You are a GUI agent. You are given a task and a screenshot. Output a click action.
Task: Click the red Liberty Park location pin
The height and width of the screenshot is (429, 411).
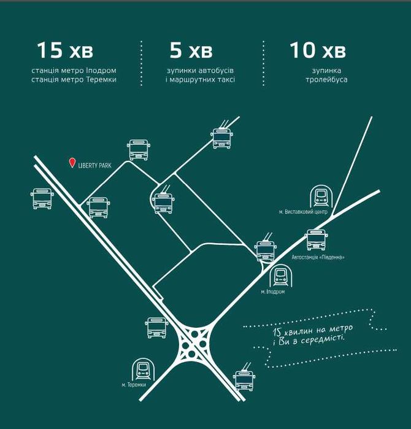[72, 163]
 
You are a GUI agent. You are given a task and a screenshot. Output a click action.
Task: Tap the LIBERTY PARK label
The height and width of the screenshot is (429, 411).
[94, 166]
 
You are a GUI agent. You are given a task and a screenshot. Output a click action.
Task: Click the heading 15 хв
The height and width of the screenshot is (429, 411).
[65, 50]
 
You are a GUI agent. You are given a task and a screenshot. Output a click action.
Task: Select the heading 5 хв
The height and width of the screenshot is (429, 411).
[191, 50]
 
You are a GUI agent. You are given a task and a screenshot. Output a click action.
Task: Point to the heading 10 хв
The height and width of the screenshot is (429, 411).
[318, 50]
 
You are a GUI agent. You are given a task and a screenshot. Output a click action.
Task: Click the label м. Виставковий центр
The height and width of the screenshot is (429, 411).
[303, 212]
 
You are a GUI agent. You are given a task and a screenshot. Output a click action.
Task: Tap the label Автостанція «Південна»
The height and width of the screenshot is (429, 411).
[318, 257]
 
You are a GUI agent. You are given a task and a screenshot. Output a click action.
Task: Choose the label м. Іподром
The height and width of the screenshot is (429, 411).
[272, 292]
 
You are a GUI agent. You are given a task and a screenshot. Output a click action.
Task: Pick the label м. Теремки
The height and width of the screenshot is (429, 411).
[134, 385]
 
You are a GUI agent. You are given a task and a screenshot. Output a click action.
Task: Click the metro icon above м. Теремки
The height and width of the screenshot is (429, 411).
[144, 369]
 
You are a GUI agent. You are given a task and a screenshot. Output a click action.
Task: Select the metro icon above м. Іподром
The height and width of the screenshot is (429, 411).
[280, 276]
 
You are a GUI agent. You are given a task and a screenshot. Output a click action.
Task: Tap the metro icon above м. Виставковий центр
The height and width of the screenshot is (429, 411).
[321, 197]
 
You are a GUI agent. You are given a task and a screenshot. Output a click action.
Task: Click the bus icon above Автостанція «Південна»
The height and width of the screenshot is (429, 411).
[317, 240]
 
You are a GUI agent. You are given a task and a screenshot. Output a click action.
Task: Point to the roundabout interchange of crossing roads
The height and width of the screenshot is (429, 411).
[194, 343]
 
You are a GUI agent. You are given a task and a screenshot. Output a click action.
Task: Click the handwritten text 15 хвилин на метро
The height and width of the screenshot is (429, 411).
[313, 330]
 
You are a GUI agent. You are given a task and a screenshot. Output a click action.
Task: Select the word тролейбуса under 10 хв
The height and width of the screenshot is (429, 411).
[326, 80]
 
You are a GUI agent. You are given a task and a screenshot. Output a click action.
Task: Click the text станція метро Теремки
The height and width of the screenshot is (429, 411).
[74, 80]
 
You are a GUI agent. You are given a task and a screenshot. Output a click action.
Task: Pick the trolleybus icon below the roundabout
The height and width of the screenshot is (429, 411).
[244, 378]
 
